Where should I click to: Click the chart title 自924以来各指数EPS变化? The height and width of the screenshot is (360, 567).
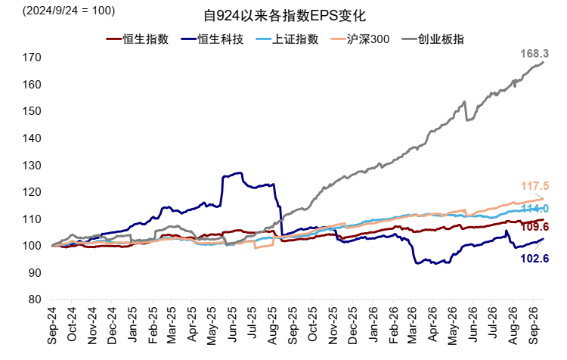284,16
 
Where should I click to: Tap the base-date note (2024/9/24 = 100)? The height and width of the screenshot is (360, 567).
69,11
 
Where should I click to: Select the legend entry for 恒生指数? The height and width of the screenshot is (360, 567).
138,39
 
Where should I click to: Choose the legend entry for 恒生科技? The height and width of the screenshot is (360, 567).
212,39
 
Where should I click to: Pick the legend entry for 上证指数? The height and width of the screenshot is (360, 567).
287,39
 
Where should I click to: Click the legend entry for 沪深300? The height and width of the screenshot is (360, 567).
360,39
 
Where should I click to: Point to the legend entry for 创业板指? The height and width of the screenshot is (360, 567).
433,39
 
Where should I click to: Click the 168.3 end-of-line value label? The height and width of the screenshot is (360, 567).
534,54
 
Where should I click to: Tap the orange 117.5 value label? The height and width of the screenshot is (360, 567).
534,186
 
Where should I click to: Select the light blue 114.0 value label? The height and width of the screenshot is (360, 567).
534,209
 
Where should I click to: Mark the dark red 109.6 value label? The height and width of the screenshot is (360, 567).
534,227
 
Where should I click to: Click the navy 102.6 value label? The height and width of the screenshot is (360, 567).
534,259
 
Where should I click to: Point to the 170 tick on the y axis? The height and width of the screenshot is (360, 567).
32,57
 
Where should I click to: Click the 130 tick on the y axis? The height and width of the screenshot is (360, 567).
32,165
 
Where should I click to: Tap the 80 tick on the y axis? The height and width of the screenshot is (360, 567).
35,299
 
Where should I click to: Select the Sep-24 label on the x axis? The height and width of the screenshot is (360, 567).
52,326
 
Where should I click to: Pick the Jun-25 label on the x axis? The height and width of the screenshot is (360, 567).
232,326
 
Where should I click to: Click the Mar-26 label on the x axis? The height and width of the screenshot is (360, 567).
412,326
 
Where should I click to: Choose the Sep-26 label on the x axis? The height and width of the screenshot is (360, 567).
532,326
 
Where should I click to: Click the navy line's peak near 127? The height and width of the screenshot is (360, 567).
240,173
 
